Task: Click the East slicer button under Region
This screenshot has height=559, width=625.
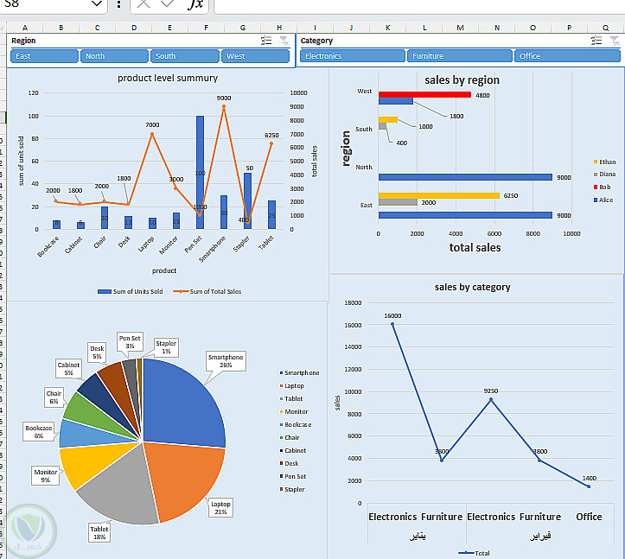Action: pyautogui.click(x=44, y=56)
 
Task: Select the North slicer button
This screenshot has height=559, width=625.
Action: pyautogui.click(x=115, y=56)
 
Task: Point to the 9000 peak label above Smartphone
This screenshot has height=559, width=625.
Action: pyautogui.click(x=224, y=98)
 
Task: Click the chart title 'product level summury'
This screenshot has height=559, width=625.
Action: pyautogui.click(x=168, y=79)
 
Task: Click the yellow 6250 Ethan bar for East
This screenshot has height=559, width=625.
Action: pyautogui.click(x=438, y=195)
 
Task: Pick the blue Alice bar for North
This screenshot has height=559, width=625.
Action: pyautogui.click(x=465, y=177)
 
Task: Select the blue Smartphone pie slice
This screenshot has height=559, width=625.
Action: pyautogui.click(x=186, y=402)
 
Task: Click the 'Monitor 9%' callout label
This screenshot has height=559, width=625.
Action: pyautogui.click(x=46, y=475)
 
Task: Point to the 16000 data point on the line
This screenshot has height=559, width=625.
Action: pyautogui.click(x=392, y=324)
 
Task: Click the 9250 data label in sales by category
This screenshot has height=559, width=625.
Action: pyautogui.click(x=491, y=391)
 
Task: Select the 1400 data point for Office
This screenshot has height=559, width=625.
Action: pyautogui.click(x=589, y=486)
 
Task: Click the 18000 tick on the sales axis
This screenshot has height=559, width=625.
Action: pyautogui.click(x=352, y=303)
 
